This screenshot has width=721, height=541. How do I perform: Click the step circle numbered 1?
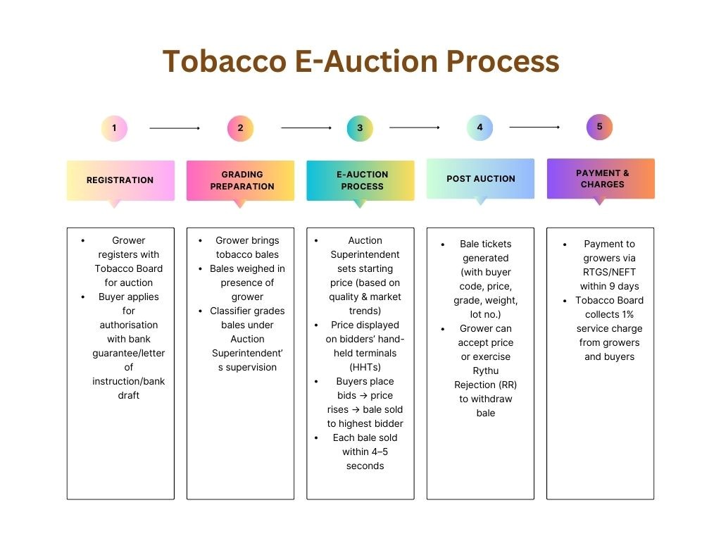click(x=114, y=129)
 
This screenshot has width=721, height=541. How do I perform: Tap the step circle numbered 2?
click(x=240, y=128)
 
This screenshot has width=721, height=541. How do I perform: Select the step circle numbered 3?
click(x=360, y=128)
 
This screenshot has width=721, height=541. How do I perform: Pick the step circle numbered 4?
click(x=479, y=128)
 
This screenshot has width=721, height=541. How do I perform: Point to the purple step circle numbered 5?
click(x=599, y=127)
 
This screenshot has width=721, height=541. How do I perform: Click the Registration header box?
click(x=120, y=180)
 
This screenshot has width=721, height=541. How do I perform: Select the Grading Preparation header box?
click(x=240, y=180)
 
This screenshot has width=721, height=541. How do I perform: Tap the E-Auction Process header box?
click(x=360, y=180)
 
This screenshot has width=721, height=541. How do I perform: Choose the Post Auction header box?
click(x=480, y=179)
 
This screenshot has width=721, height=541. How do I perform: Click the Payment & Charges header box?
click(x=601, y=178)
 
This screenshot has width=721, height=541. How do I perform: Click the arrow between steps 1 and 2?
click(x=175, y=128)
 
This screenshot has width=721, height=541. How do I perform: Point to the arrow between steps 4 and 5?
click(x=534, y=128)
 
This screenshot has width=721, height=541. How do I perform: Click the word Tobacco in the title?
click(x=220, y=62)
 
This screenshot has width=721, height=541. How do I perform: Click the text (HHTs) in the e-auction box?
click(x=365, y=367)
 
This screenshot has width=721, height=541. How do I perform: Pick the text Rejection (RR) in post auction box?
click(x=486, y=385)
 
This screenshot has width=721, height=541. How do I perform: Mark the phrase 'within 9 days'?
click(x=609, y=286)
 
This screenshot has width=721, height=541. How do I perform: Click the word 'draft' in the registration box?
click(x=128, y=395)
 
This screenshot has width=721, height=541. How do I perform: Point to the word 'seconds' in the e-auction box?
click(x=365, y=466)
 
